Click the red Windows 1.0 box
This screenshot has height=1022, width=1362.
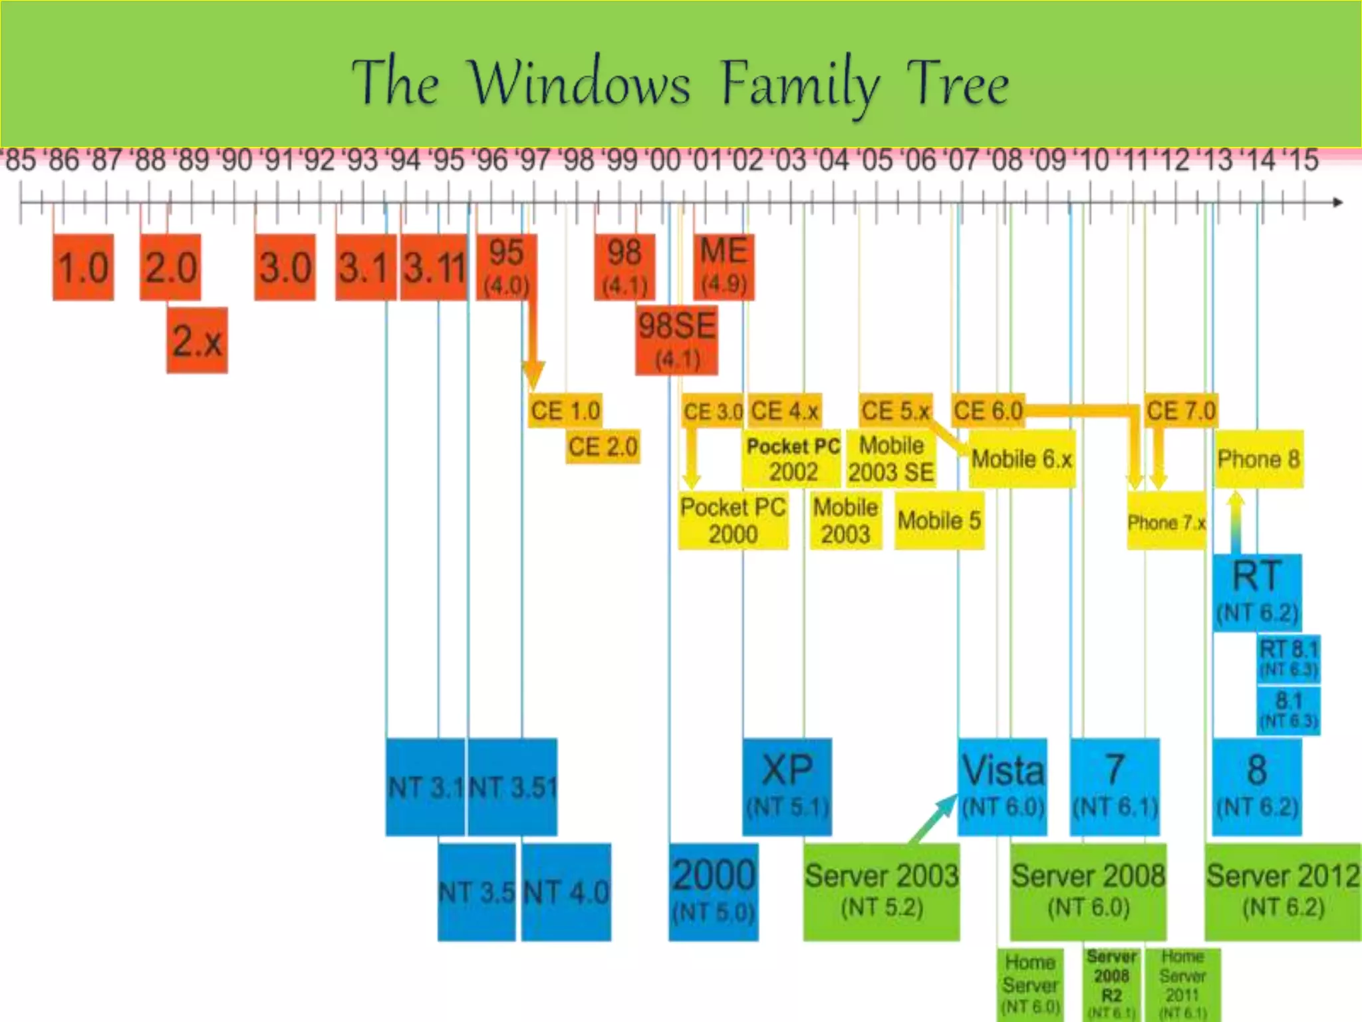point(83,267)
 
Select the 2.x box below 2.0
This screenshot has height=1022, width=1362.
point(197,340)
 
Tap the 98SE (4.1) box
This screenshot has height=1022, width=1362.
point(676,340)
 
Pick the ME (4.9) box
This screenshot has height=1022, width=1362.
point(724,267)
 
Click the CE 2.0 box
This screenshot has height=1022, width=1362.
point(603,446)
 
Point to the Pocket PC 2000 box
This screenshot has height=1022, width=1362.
point(733,520)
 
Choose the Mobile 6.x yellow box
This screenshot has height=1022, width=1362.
point(1021,458)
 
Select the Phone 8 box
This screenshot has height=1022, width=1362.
point(1258,458)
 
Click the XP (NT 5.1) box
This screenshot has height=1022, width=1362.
point(787,786)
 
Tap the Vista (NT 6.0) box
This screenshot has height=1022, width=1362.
point(1002,786)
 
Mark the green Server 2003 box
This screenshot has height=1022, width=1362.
point(881,892)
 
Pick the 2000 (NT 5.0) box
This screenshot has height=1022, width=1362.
point(713,892)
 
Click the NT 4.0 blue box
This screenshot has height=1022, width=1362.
point(566,892)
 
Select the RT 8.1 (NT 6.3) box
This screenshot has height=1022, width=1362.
point(1289,658)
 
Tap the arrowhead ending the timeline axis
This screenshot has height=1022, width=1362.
point(1337,202)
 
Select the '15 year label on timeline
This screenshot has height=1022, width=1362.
point(1301,160)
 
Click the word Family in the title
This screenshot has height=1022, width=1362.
point(800,85)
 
